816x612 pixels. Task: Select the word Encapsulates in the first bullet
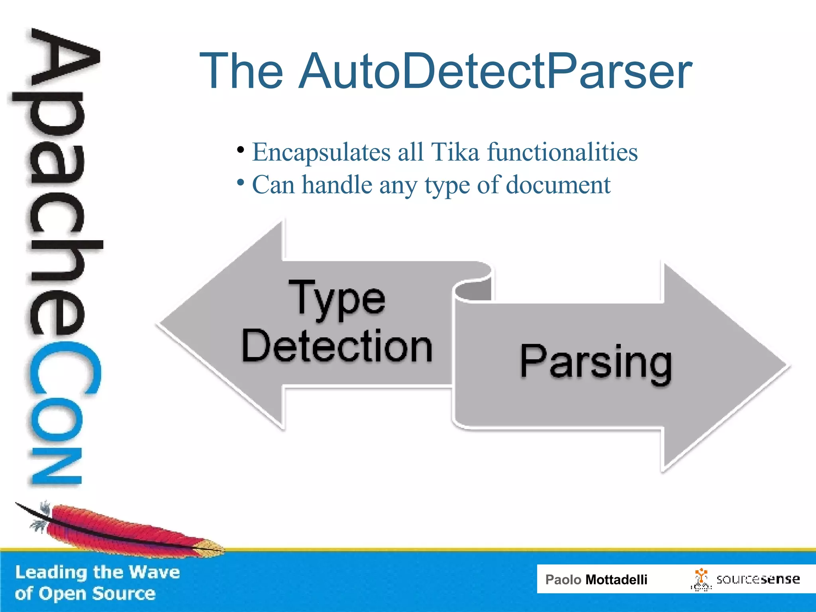click(x=321, y=153)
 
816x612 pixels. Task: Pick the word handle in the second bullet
click(x=337, y=185)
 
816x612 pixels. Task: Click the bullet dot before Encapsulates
click(x=240, y=150)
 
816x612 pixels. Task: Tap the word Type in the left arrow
click(x=337, y=299)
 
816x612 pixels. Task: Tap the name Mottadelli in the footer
click(x=616, y=580)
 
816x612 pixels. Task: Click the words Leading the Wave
click(x=98, y=572)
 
